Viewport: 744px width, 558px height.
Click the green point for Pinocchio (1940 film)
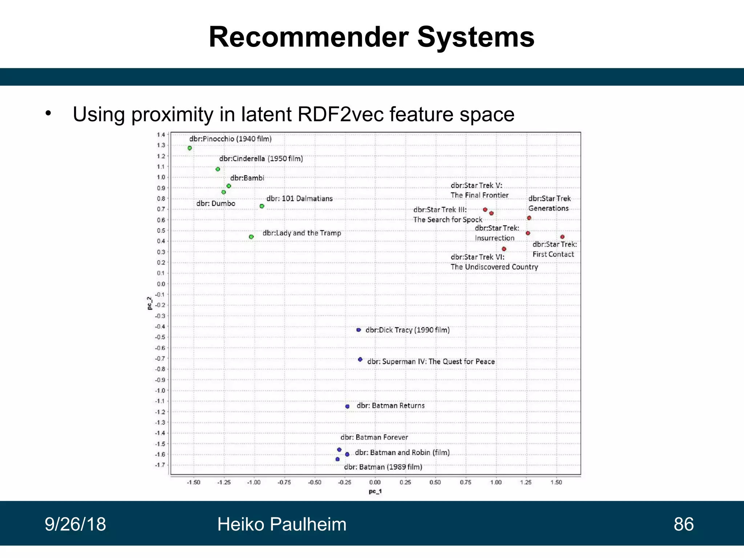tap(190, 148)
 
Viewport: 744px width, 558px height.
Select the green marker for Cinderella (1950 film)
tap(218, 169)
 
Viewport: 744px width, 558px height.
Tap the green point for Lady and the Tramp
tap(251, 237)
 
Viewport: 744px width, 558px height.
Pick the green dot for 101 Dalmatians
tap(262, 206)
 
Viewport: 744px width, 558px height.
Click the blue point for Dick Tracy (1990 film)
tap(359, 330)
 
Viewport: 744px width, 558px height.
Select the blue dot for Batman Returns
tap(347, 407)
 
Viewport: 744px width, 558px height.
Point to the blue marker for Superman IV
tap(360, 360)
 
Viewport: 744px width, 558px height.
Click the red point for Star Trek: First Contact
tap(562, 237)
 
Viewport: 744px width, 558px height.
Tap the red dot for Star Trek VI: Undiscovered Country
tap(504, 249)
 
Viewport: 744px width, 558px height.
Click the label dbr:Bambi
tap(247, 178)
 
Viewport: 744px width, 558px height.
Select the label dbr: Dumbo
tap(216, 203)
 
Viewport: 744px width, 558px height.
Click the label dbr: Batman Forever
tap(374, 437)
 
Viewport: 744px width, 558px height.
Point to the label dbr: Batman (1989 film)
tap(383, 467)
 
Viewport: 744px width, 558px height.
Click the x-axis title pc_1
tap(375, 492)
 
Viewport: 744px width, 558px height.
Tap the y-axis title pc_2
tap(150, 303)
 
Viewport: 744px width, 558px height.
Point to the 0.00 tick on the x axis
tap(375, 482)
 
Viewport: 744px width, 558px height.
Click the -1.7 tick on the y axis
tap(160, 465)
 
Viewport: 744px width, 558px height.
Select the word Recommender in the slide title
tap(309, 37)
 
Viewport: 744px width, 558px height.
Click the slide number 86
tap(684, 524)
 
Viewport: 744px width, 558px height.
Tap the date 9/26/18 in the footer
tap(75, 524)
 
